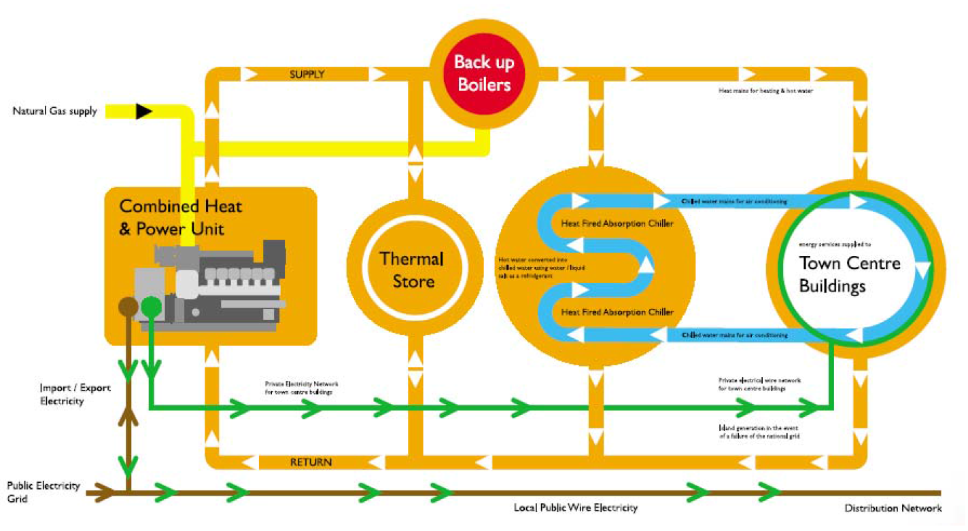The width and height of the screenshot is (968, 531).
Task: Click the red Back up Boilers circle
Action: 483,73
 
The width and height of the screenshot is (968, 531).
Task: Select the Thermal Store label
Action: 412,269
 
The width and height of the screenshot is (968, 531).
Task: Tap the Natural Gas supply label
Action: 54,111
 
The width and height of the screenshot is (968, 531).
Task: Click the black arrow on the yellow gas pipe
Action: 143,111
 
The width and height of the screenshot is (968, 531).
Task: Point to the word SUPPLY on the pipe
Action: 307,74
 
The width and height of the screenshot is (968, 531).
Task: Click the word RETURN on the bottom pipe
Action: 311,462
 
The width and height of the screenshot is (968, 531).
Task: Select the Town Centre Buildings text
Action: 849,274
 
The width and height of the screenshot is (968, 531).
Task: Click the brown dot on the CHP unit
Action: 127,307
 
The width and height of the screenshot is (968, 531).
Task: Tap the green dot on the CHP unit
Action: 150,307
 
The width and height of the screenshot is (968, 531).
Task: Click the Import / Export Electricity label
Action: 75,395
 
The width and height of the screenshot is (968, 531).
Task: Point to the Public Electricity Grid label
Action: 44,492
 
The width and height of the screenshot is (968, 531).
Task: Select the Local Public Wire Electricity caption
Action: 576,508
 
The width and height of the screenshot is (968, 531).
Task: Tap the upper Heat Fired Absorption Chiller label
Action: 617,223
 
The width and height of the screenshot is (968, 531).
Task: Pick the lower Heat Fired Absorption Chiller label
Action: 617,312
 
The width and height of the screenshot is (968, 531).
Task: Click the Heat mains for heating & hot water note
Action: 766,90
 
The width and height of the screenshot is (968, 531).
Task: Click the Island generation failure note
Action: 759,432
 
